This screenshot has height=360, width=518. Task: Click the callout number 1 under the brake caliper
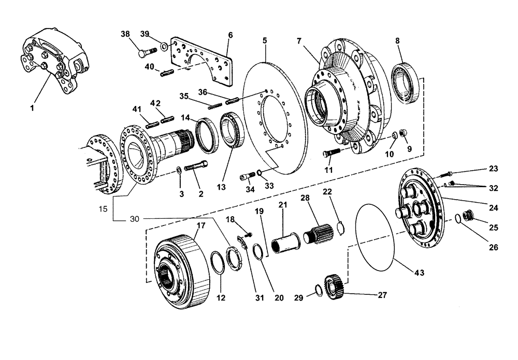[32, 109]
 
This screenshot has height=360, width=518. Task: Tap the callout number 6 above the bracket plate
[230, 35]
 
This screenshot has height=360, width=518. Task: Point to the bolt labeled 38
[148, 52]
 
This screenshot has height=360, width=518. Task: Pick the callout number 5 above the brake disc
[265, 40]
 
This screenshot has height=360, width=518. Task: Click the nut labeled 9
[406, 134]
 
